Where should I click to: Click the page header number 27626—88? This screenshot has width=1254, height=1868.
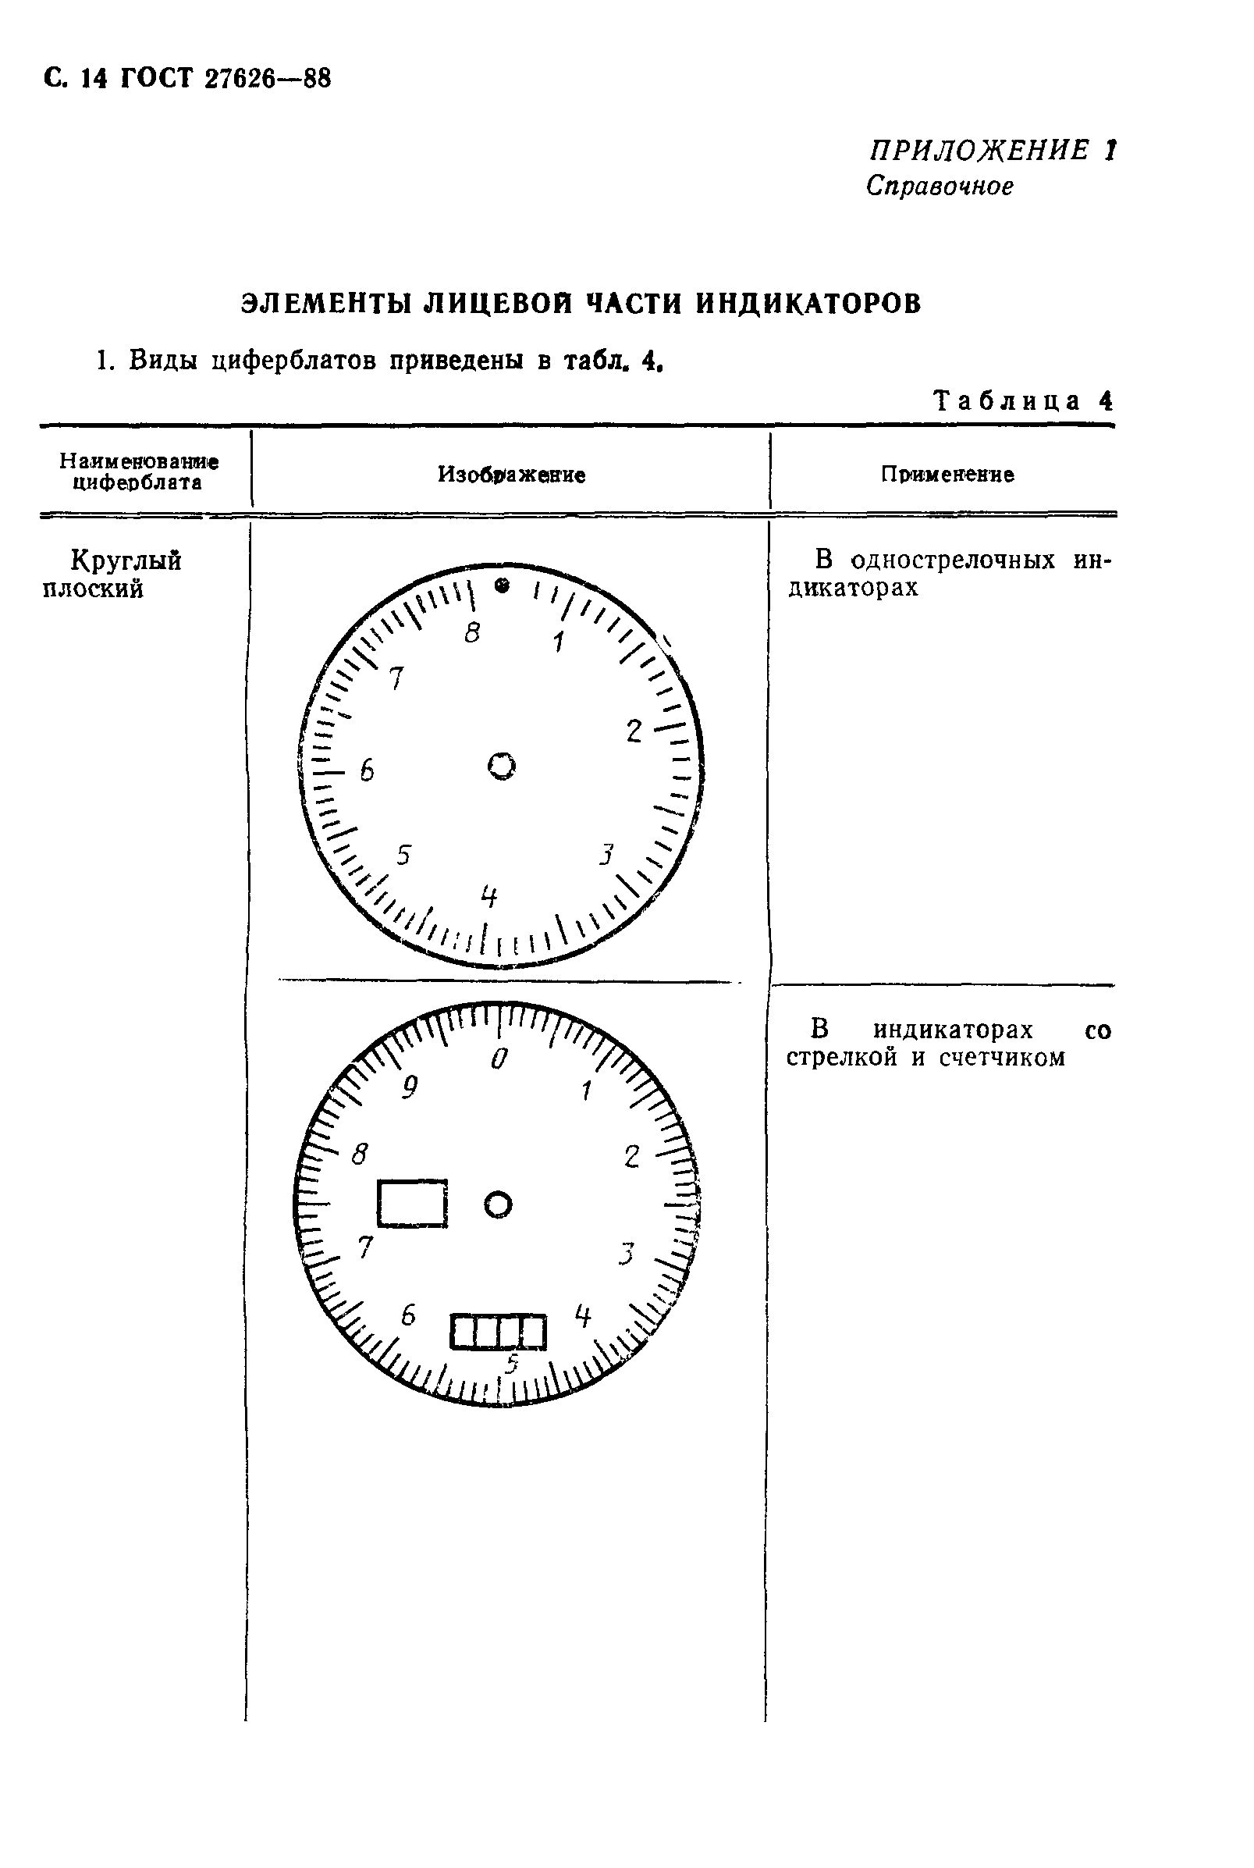(267, 79)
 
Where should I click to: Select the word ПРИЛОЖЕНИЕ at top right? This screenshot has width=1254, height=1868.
(979, 151)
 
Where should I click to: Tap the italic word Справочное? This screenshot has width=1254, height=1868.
(940, 187)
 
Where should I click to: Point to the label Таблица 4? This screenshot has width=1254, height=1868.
(1023, 400)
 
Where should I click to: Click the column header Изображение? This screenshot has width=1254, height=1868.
(511, 475)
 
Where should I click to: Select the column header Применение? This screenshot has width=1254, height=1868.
(947, 475)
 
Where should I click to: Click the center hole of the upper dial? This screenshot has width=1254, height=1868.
(502, 766)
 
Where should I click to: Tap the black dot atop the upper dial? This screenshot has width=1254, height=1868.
(503, 585)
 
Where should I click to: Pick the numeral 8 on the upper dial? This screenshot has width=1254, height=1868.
(473, 633)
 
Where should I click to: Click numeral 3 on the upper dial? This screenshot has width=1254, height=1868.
(607, 856)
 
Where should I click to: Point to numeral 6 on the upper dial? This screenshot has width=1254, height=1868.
(366, 770)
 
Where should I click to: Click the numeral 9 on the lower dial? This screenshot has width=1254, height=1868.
(410, 1087)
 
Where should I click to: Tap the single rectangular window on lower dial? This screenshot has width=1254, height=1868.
(412, 1203)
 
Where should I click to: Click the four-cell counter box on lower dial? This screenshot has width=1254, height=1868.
(498, 1332)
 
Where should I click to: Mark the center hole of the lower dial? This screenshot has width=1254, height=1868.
(498, 1204)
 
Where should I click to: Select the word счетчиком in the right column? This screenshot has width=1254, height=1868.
(1002, 1059)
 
